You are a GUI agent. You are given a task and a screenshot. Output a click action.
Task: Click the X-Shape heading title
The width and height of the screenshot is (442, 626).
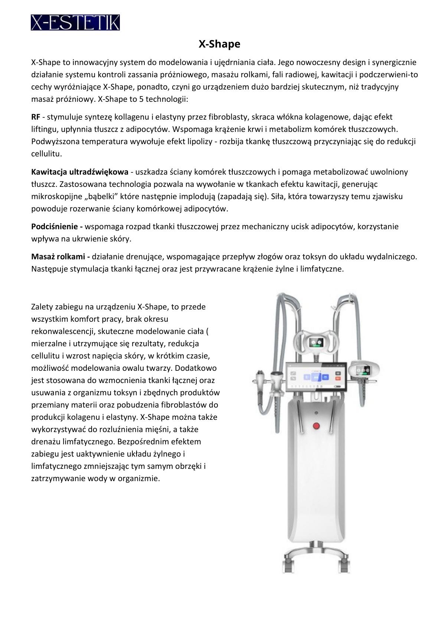click(x=219, y=44)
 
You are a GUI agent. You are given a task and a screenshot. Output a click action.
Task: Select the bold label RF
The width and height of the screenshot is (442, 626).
click(x=36, y=117)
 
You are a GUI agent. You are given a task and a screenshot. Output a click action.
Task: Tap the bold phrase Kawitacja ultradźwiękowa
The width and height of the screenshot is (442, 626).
click(x=80, y=172)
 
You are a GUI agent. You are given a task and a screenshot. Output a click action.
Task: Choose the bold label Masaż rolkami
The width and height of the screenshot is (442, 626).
click(x=60, y=256)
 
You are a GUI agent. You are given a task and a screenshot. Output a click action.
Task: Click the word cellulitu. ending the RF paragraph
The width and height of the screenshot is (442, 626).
click(x=46, y=153)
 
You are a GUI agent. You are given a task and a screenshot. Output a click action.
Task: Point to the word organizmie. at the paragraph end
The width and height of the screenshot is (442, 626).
click(x=139, y=478)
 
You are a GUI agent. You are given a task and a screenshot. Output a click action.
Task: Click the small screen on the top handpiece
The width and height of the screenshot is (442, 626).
click(x=317, y=342)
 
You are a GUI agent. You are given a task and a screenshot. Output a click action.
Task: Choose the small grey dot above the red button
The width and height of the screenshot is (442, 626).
click(x=316, y=412)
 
